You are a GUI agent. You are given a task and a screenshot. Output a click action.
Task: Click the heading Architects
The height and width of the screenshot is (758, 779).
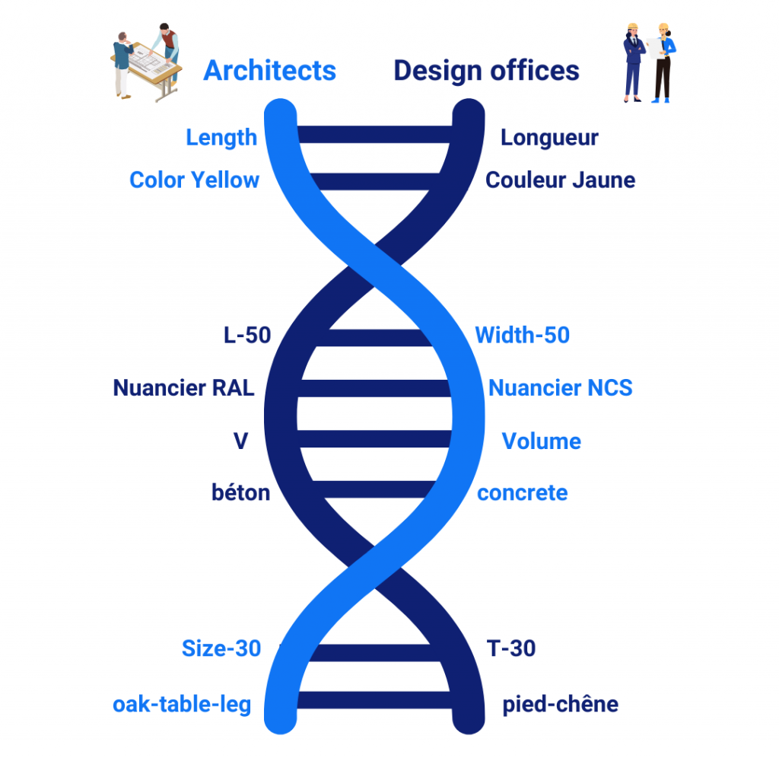270,71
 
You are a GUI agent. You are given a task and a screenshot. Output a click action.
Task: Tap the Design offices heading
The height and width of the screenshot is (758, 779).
486,71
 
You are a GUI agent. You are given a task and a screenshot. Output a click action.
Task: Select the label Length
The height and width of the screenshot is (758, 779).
221,138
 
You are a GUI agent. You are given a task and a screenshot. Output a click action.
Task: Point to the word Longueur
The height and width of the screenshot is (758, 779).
549,138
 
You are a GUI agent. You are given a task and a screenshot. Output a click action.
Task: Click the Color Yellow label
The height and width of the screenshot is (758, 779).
194,180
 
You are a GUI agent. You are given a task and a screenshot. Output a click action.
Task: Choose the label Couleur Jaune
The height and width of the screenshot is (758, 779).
561,180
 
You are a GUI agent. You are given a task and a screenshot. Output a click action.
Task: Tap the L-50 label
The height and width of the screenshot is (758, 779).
247,335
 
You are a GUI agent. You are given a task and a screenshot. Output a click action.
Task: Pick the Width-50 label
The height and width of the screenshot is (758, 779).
523,335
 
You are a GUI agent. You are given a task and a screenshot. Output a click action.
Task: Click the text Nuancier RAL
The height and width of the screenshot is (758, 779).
184,387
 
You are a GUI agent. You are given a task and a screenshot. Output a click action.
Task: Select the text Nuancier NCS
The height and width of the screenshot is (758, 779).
561,387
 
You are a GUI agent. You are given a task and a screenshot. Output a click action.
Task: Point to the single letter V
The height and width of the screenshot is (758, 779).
241,441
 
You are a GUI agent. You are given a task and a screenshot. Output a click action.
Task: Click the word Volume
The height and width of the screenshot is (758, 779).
542,441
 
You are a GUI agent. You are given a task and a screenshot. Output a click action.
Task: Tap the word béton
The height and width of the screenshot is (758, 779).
241,492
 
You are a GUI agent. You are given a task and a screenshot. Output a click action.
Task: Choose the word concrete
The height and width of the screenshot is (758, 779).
523,493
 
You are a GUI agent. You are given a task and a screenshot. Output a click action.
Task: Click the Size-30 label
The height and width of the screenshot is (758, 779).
221,648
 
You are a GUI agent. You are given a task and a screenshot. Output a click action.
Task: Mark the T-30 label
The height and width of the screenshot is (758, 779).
511,648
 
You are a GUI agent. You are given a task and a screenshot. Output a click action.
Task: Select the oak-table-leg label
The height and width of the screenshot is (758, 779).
182,705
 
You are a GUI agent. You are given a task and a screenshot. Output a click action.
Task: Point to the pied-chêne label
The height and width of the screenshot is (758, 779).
561,705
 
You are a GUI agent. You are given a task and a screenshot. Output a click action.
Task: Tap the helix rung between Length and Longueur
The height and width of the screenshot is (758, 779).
374,135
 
